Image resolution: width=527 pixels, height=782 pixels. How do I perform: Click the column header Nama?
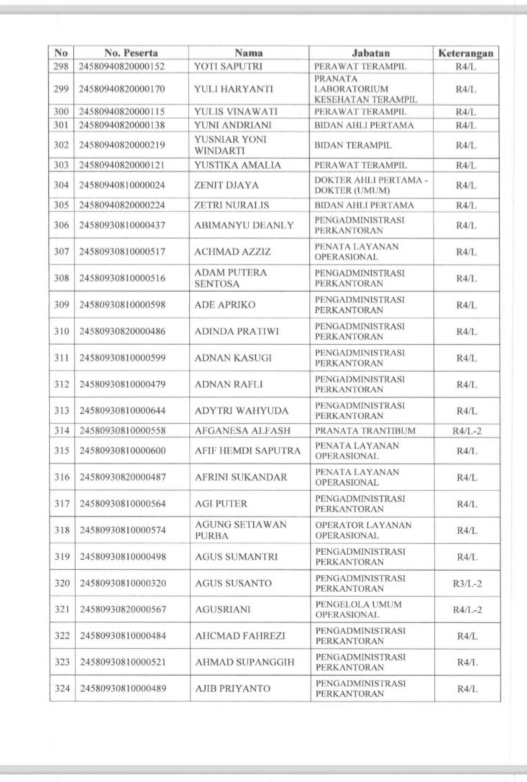tap(249, 52)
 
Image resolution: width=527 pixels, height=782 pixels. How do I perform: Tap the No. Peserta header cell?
tap(131, 52)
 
